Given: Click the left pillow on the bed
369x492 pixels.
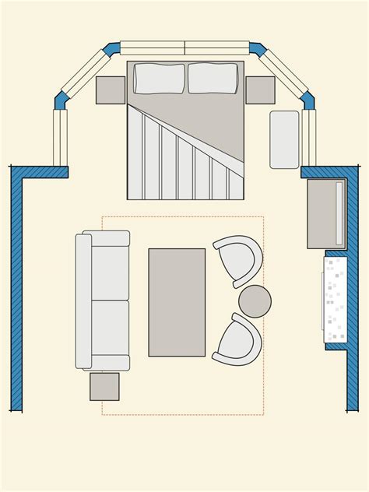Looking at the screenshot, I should coord(160,79).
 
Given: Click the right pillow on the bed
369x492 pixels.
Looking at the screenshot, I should coord(213,78).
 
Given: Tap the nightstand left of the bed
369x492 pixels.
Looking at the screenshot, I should coord(111,90).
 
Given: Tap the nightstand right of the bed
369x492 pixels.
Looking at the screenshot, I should coord(260,90).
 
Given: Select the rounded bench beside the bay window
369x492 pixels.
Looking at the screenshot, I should coord(284,139).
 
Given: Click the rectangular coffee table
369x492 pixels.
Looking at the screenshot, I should coord(177,302).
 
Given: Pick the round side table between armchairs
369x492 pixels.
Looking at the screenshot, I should coord(255,301).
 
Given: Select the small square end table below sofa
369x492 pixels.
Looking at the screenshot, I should coord(104,386).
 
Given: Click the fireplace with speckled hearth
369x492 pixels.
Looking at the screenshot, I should coord(335,299).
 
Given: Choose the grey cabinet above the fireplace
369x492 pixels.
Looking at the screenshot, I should coord(325,213).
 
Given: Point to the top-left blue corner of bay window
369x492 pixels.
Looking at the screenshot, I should coord(112,49).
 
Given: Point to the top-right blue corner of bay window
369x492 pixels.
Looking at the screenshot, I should coord(258,49).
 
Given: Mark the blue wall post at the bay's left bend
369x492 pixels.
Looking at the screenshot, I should coord(61,100).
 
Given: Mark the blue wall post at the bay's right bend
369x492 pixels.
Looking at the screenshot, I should coord(307,100).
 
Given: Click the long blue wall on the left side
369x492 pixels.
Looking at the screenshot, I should coord(16,296).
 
